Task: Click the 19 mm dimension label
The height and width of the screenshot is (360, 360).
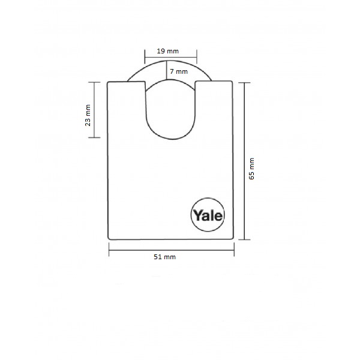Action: pos(167,51)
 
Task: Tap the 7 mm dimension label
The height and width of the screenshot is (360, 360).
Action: pos(179,71)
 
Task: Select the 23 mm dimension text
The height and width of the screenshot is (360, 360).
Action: pos(88,115)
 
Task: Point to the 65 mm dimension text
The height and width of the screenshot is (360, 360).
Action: pos(252,169)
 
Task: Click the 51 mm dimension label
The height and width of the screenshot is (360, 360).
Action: pos(164,257)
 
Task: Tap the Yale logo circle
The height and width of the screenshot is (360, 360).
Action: pos(208,215)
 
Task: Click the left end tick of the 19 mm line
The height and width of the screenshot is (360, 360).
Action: pos(145,56)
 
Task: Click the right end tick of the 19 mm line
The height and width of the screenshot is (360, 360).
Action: pos(197,56)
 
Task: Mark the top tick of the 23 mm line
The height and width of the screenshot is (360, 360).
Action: pos(94,82)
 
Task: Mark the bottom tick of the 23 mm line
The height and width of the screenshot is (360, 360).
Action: pos(94,137)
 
